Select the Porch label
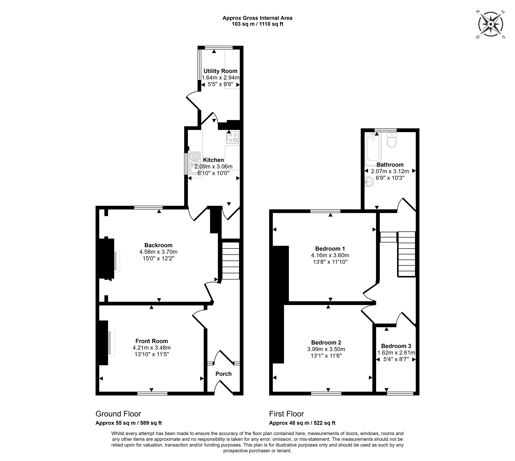(223, 374)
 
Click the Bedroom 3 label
(396, 346)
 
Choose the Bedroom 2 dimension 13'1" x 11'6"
(326, 356)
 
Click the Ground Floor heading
(118, 414)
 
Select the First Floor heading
(286, 414)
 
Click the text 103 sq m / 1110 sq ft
(257, 24)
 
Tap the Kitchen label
(214, 160)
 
